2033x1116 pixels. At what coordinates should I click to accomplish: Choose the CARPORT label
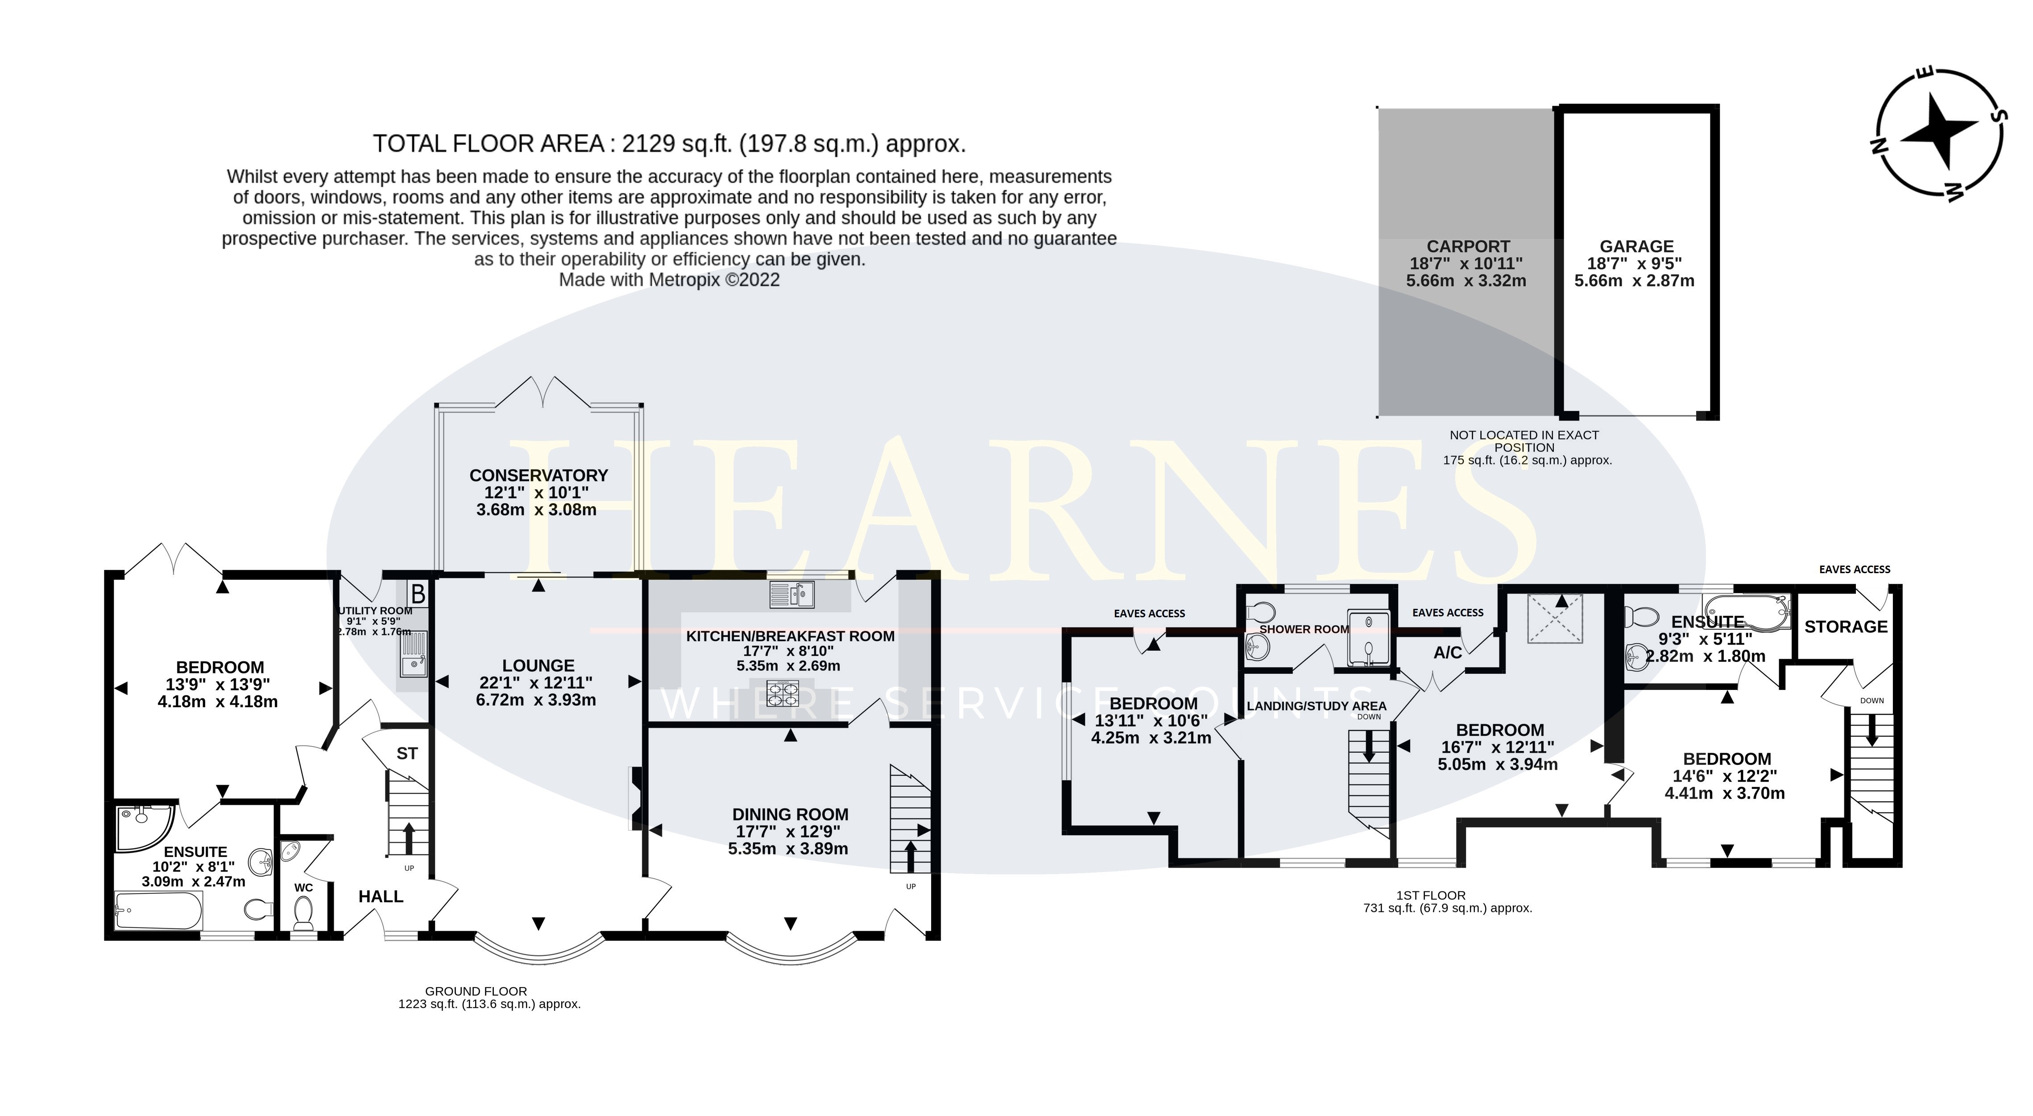pos(1468,246)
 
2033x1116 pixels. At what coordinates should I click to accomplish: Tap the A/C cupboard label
pos(1447,652)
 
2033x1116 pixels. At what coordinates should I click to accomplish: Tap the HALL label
pos(381,897)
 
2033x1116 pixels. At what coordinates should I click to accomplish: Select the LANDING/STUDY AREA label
pos(1317,706)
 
